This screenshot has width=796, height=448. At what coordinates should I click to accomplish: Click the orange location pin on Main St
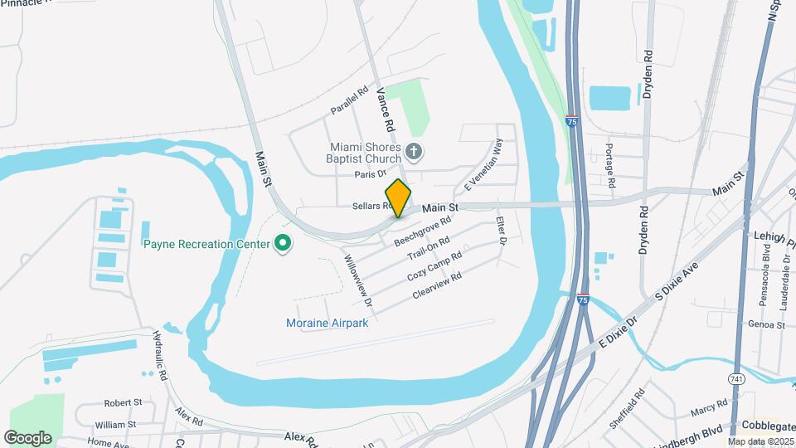[398, 197]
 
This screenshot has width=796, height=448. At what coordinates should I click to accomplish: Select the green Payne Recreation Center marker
[283, 244]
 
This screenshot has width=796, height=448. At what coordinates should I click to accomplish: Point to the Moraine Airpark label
[327, 323]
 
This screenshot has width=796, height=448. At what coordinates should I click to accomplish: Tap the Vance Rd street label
[384, 112]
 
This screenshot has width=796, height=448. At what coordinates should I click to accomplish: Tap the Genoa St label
[765, 325]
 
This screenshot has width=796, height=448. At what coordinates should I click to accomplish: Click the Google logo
[27, 437]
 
